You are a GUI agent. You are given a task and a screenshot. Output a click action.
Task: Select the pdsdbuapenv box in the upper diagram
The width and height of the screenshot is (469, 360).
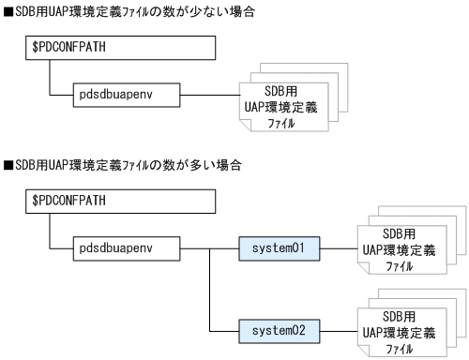128,95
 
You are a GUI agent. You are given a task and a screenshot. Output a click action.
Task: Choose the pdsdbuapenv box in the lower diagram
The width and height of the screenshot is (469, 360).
128,249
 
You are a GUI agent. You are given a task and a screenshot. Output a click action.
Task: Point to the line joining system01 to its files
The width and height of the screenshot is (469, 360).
339,249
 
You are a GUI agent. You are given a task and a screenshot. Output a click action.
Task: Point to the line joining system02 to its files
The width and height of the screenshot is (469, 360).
339,330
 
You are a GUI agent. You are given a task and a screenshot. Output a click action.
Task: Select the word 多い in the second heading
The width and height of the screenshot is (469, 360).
188,166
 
